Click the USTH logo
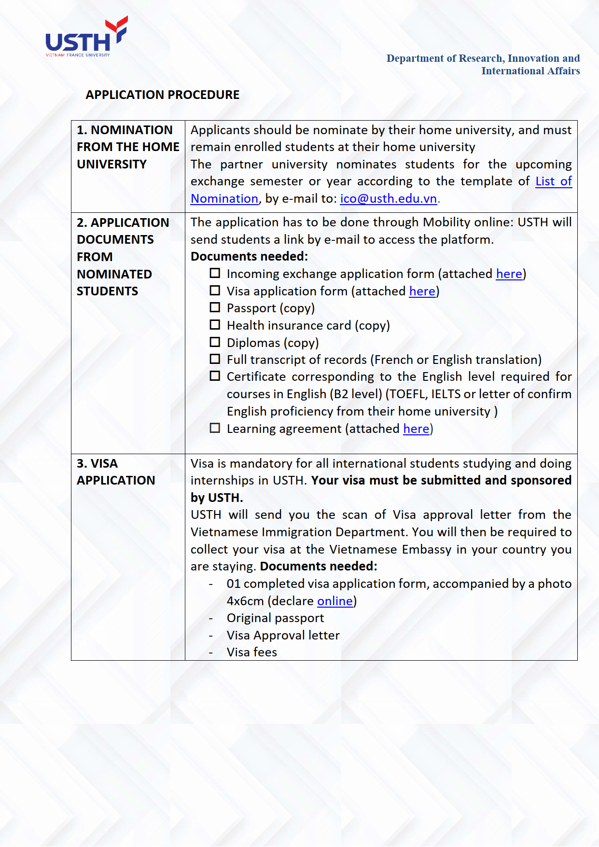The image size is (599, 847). tap(86, 38)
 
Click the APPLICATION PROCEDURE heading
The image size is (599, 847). tap(162, 95)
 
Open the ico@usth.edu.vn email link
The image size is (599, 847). tap(389, 199)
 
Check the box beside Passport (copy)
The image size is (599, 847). tap(215, 307)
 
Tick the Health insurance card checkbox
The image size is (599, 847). tap(215, 325)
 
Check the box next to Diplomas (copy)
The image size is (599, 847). tap(215, 342)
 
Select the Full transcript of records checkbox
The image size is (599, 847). tap(215, 359)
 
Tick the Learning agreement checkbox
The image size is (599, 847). tap(215, 428)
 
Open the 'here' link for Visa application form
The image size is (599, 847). tap(422, 292)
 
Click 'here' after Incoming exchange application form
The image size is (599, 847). tap(509, 274)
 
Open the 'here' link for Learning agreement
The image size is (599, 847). tap(416, 429)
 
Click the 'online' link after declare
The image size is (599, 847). tap(335, 601)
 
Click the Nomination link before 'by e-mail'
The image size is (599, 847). tap(224, 199)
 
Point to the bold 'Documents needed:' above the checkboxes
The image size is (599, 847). tap(249, 257)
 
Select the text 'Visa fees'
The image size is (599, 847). tap(252, 653)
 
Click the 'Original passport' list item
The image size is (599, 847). tap(275, 618)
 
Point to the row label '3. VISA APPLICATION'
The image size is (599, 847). tap(116, 472)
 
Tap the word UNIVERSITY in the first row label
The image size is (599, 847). tap(111, 165)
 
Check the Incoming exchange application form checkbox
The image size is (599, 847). tap(215, 273)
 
